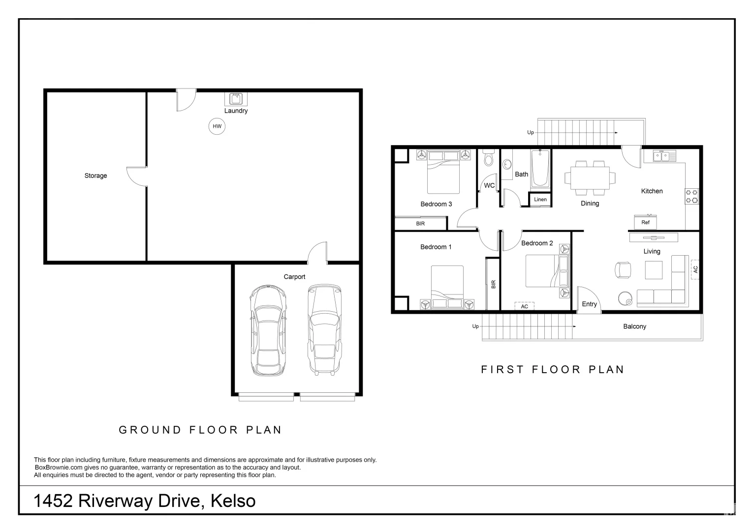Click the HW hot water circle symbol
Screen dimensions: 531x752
pos(217,126)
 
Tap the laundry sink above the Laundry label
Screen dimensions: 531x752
pos(236,98)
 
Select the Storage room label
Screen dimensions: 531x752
pos(95,176)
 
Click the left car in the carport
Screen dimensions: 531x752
pos(267,330)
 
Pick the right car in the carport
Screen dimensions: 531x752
pos(324,329)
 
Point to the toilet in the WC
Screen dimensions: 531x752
pos(488,158)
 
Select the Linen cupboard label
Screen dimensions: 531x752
pos(540,200)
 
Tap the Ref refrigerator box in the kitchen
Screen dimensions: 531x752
pos(645,222)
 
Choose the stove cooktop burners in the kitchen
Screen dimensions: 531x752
pos(691,196)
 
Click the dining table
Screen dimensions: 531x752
pos(590,177)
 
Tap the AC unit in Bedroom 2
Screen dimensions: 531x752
pos(525,306)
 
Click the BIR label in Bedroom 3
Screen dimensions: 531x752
pos(420,224)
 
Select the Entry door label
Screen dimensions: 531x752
pos(589,304)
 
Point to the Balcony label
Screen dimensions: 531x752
pos(634,326)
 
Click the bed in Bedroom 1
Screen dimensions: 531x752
pos(447,285)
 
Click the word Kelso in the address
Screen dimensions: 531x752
pos(233,501)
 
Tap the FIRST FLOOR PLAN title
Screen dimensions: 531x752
pos(552,370)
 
